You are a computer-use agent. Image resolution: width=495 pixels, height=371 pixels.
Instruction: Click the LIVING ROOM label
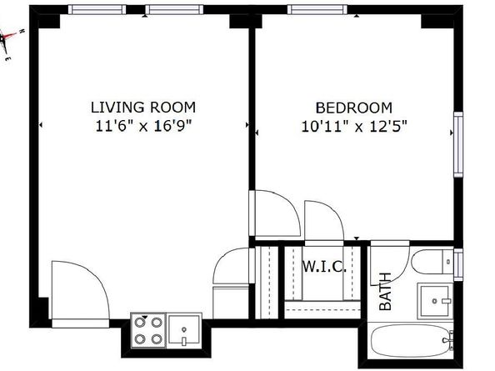143,108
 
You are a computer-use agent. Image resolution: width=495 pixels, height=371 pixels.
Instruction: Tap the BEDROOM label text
354,108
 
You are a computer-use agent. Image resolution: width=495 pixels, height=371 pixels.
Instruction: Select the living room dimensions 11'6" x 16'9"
143,126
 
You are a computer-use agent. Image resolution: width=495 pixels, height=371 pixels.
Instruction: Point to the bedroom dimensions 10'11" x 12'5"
354,127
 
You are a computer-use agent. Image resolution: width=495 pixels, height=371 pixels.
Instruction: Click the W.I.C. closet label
324,267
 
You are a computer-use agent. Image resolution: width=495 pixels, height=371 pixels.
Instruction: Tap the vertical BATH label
385,292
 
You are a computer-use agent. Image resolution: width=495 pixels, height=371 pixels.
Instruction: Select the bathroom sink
435,301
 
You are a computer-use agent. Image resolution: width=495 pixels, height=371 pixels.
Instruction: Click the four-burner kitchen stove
148,331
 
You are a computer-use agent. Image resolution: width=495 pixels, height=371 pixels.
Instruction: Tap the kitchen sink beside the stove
184,330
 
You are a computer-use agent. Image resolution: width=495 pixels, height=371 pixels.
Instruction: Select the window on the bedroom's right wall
458,144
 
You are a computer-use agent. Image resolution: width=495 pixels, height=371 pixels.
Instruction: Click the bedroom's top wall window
317,9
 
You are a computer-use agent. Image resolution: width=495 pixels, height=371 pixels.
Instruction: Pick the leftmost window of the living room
97,9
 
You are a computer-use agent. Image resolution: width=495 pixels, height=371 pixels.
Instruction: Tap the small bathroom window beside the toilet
458,264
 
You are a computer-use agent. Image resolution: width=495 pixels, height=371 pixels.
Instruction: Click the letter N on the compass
22,31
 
